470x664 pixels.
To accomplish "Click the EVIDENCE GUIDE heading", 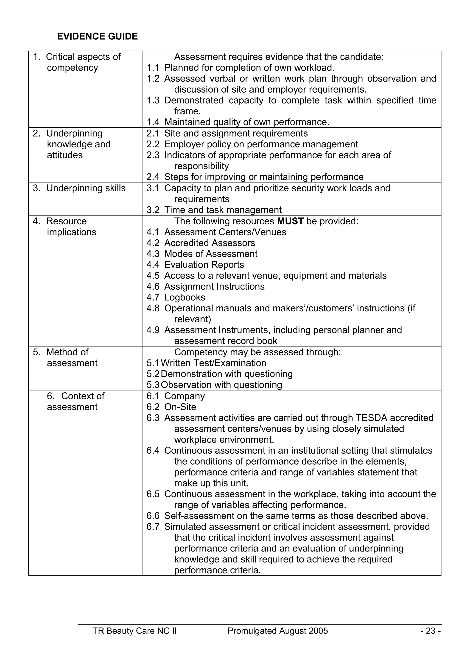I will click(x=97, y=36).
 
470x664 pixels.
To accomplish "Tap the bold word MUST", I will click(x=290, y=221).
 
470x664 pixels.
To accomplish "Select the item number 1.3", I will click(x=153, y=100).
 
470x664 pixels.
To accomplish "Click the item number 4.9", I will click(x=153, y=330).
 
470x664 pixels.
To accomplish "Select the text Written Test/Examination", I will click(x=213, y=363).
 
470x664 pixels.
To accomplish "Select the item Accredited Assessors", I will click(x=210, y=243).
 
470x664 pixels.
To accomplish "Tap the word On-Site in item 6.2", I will click(x=180, y=407).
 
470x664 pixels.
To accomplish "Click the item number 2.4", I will click(x=153, y=177).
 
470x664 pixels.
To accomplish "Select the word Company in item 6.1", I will click(x=185, y=396).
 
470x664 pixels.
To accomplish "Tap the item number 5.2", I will click(x=153, y=374).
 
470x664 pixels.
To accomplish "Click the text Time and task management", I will click(x=223, y=210).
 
